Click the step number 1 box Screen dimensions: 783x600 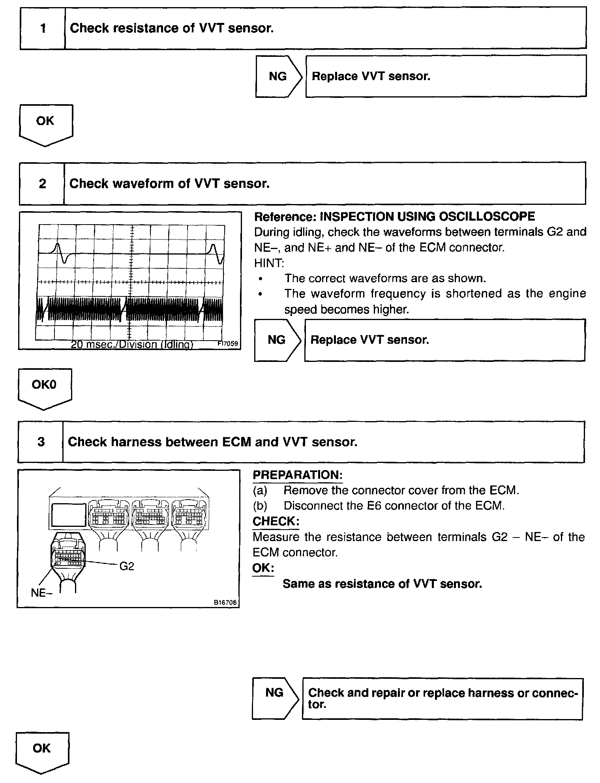click(43, 28)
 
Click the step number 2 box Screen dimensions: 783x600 click(42, 184)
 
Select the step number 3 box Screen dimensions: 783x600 click(41, 442)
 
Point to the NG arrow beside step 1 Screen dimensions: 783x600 click(278, 76)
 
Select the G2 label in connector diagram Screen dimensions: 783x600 click(126, 566)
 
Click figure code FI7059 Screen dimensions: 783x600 click(228, 343)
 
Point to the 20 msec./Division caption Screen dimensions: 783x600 click(132, 345)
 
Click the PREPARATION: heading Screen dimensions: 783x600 click(297, 475)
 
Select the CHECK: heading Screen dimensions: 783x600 click(276, 521)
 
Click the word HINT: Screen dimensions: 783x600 click(269, 263)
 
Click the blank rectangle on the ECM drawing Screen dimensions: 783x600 click(69, 515)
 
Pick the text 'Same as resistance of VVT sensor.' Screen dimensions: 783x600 click(382, 584)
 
